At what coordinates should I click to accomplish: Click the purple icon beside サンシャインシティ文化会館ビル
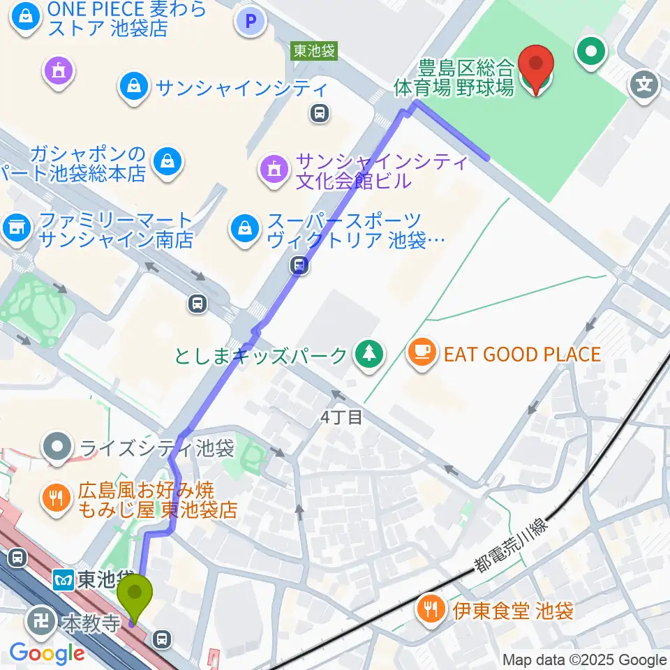[272, 168]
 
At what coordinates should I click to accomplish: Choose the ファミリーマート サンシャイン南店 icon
[15, 227]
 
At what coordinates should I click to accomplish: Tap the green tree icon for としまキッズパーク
[367, 354]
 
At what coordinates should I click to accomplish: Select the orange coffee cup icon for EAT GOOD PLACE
[423, 349]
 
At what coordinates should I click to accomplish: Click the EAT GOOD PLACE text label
[522, 354]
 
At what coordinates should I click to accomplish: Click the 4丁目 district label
[341, 417]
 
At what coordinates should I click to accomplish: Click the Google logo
[47, 653]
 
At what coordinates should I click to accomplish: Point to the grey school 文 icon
[645, 86]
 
